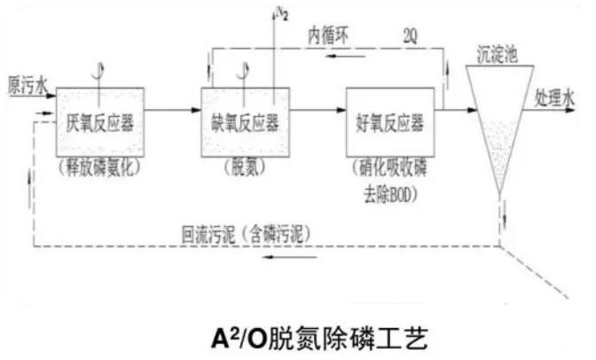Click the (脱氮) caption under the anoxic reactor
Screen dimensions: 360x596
(237, 166)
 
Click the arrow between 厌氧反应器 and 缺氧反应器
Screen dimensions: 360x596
(173, 111)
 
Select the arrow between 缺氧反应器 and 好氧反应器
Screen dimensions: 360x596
(314, 111)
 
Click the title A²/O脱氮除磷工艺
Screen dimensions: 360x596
(299, 334)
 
